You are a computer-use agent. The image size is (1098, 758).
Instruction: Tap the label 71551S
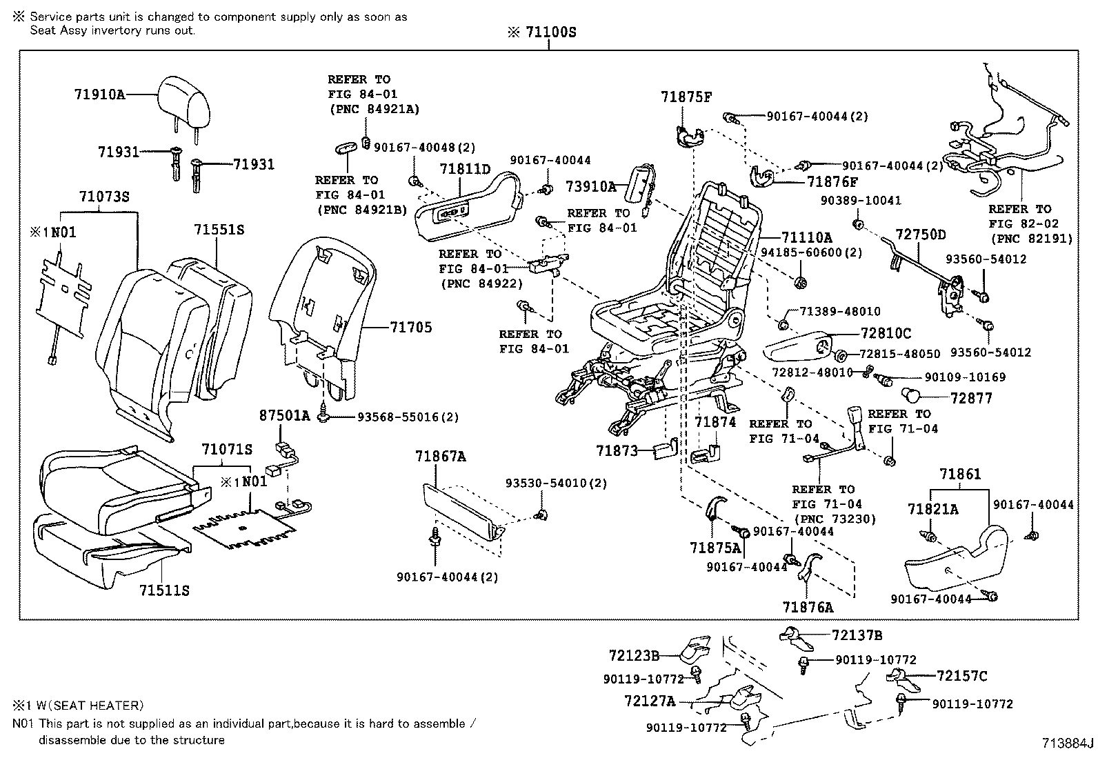tap(219, 230)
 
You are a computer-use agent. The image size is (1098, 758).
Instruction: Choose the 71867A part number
tap(440, 456)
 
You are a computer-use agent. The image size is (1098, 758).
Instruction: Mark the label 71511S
tap(164, 590)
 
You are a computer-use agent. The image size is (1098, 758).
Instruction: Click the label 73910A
tap(591, 186)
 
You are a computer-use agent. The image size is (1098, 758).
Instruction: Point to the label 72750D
tap(921, 235)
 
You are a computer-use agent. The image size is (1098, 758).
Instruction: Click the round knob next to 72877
tap(914, 397)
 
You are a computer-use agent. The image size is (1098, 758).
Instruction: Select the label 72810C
tap(886, 334)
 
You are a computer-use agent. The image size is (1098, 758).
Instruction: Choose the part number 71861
tap(960, 474)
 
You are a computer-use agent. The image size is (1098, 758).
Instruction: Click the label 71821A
tap(932, 509)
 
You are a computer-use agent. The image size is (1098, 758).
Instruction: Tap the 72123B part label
tap(634, 655)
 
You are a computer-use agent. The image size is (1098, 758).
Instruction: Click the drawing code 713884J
tap(1068, 744)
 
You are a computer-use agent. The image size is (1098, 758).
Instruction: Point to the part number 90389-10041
tap(861, 201)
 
